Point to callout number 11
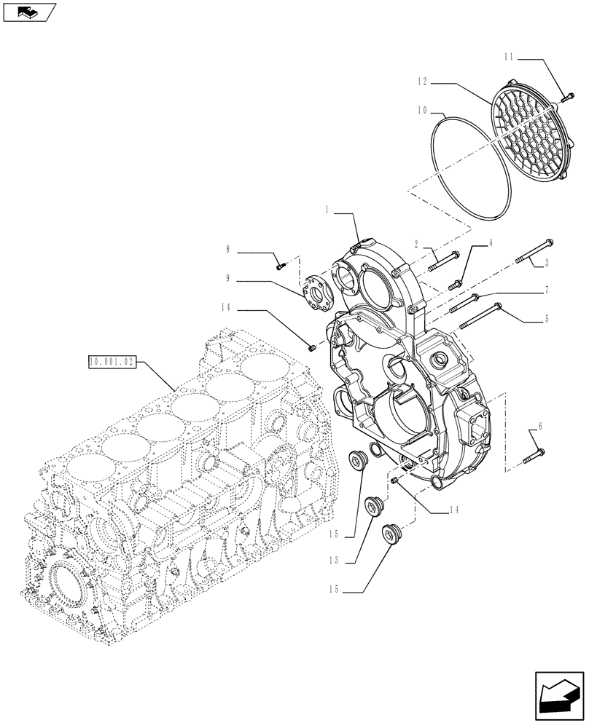pos(509,56)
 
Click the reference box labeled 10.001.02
pos(112,361)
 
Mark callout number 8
pos(228,250)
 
